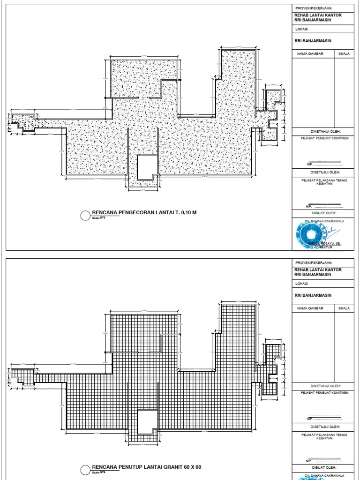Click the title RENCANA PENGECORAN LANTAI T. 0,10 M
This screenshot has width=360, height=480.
coord(144,212)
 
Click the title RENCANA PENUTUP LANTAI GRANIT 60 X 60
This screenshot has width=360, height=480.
coord(146,467)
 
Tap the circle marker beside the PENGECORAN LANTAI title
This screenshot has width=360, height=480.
coord(85,215)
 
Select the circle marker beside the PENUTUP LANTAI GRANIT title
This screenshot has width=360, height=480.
coord(85,469)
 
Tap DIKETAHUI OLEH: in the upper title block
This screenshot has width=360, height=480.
coord(322,131)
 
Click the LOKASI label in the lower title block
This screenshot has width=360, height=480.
coord(301,283)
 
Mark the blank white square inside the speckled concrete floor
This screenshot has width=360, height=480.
coord(148,166)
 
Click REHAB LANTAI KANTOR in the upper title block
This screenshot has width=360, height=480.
coord(317,15)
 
